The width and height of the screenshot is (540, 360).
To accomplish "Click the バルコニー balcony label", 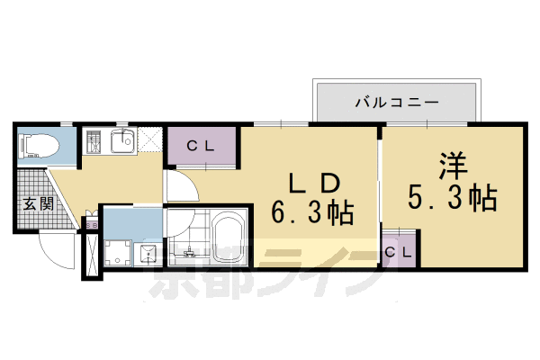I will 396,102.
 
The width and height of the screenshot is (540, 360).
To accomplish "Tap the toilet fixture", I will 40,144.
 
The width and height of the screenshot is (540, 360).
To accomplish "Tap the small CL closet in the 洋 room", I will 398,252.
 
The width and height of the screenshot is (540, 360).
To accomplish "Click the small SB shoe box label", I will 90,222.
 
